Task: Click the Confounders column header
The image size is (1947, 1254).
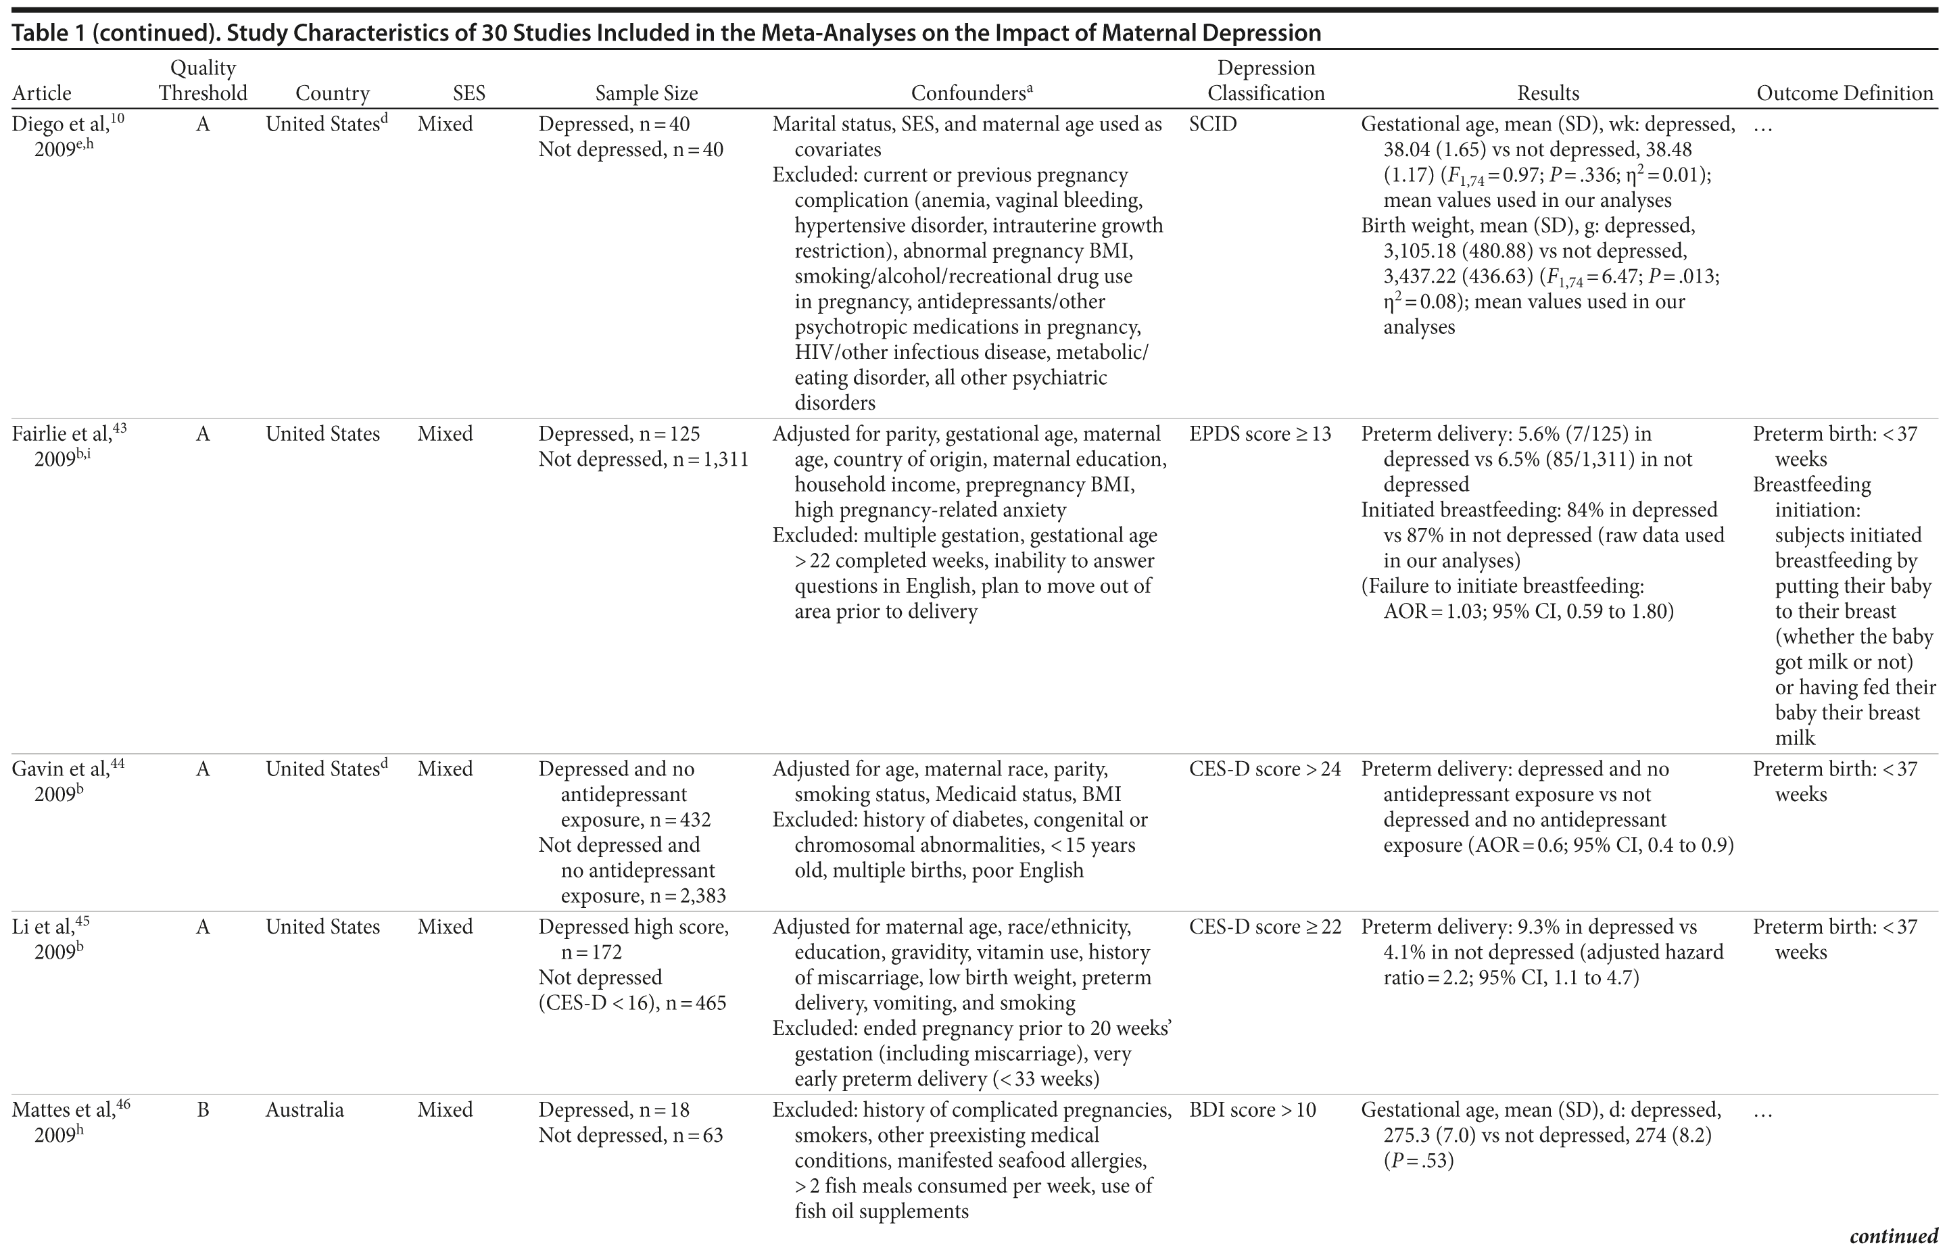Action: (x=971, y=94)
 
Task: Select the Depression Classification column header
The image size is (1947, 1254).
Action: (x=1266, y=80)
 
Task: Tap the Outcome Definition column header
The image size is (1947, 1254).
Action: (x=1844, y=94)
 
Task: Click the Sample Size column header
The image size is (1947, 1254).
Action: (x=646, y=94)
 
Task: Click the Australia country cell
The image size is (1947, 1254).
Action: (x=304, y=1110)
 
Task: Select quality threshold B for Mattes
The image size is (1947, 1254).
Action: (x=203, y=1110)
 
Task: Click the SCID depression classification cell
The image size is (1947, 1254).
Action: (x=1213, y=124)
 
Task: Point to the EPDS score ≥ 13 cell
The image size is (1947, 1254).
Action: (x=1259, y=434)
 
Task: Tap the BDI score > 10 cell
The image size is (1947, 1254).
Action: (x=1253, y=1110)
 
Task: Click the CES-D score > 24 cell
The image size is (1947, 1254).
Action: (x=1265, y=769)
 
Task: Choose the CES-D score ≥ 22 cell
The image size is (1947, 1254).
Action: (x=1265, y=927)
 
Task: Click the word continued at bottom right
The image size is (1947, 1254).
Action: (x=1894, y=1236)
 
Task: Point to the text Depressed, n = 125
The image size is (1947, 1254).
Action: (x=619, y=434)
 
